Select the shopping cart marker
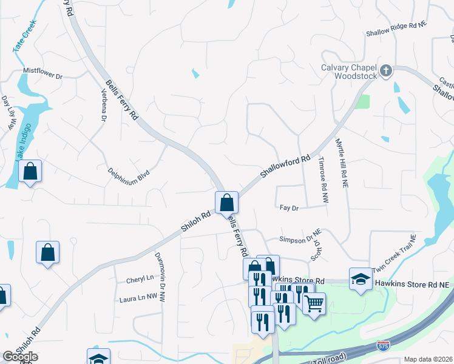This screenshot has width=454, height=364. pos(314,303)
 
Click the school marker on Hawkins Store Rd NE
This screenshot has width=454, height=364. pos(361,279)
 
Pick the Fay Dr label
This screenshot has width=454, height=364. pos(290,207)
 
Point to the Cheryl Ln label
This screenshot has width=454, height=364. pos(140,280)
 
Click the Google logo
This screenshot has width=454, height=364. pos(21,357)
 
